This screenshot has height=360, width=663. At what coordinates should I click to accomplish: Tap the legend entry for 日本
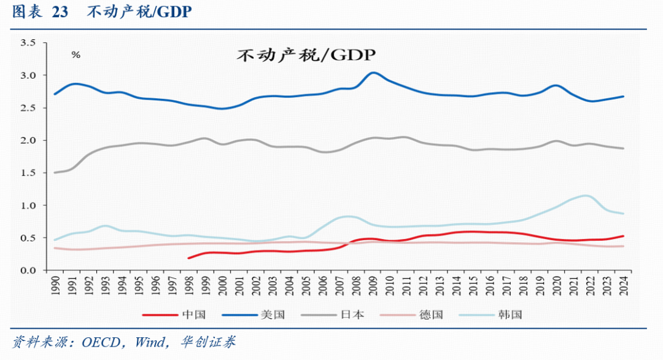point(332,315)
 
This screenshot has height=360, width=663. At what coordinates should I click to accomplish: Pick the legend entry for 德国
point(411,315)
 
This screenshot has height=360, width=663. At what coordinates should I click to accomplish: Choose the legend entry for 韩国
point(490,315)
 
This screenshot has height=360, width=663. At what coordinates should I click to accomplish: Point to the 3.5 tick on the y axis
point(28,43)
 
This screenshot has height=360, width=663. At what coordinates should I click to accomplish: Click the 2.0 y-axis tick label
point(28,140)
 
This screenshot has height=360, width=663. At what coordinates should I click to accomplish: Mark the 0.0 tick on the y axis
point(28,270)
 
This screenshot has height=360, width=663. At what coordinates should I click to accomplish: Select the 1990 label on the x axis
point(55,286)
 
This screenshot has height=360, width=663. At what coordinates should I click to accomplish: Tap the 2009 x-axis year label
point(373,286)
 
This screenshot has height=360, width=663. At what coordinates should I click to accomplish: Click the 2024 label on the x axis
point(624,286)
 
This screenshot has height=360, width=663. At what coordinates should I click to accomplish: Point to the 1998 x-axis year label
point(189,286)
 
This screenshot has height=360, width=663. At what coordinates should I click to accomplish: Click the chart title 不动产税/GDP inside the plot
point(306,55)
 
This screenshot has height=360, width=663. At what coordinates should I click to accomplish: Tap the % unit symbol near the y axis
point(76,55)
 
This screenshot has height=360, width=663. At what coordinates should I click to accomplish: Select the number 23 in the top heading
point(60,12)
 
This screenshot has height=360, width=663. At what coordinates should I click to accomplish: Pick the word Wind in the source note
point(150,342)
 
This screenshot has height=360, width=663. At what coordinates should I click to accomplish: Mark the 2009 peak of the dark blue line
point(373,72)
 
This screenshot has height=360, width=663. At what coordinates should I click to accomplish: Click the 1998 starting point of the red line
point(188,258)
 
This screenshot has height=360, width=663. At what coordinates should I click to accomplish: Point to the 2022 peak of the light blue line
point(586,195)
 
